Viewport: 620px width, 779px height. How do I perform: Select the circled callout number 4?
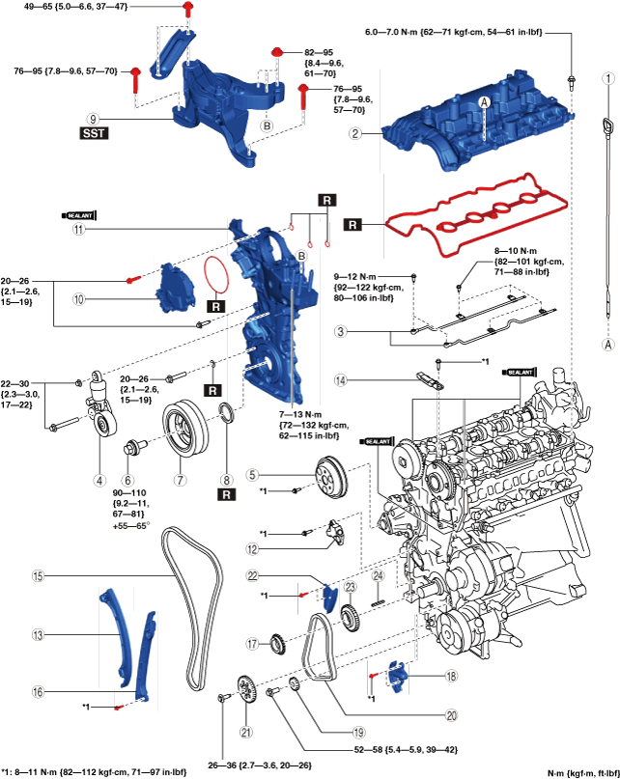pyautogui.click(x=99, y=478)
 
